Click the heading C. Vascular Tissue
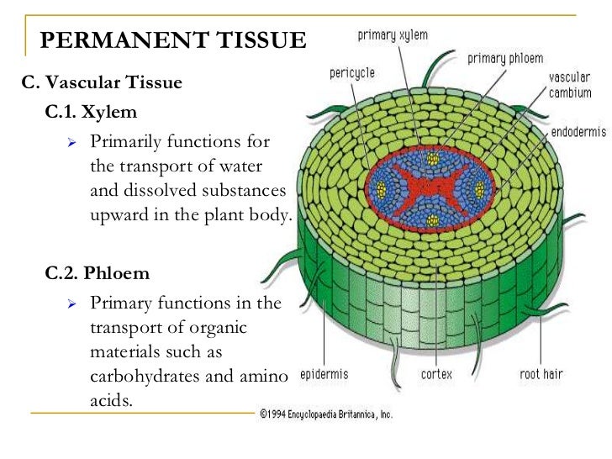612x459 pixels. click(102, 84)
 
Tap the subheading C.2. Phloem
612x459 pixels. click(98, 273)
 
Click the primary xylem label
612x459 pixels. click(393, 35)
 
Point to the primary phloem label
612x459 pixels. click(505, 58)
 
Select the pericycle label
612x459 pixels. click(351, 73)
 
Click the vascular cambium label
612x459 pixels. click(569, 84)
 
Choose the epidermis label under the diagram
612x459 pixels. click(324, 373)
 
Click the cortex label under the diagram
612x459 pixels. click(435, 373)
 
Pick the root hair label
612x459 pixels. click(541, 373)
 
